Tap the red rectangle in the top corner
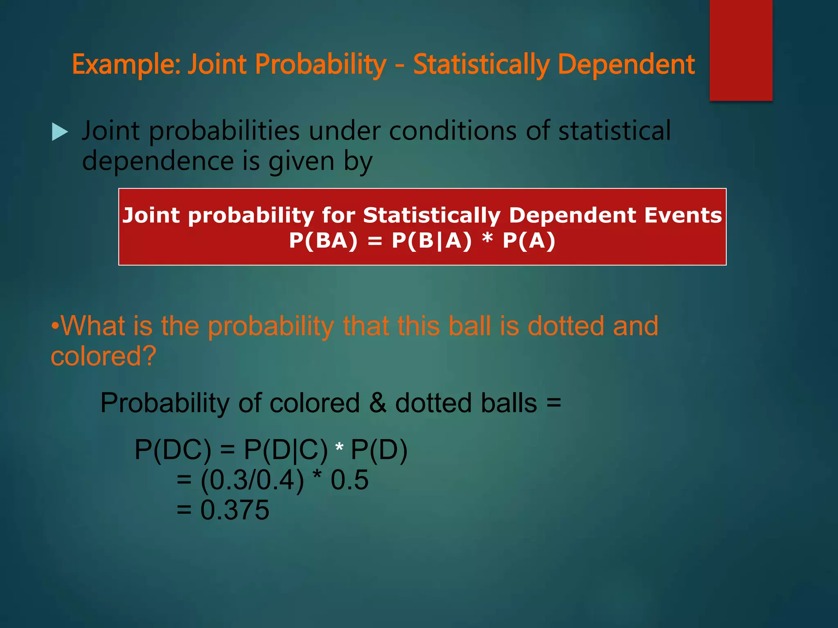click(741, 50)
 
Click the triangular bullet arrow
click(60, 132)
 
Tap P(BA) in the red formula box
click(323, 240)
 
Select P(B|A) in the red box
click(432, 240)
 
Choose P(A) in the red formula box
click(529, 240)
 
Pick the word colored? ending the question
click(104, 356)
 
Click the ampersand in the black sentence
click(377, 403)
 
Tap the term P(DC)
click(173, 450)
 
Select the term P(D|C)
click(286, 450)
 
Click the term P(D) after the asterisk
click(379, 450)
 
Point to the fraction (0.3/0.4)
click(252, 480)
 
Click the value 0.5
click(349, 480)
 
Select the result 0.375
click(235, 510)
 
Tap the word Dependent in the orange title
click(626, 65)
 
